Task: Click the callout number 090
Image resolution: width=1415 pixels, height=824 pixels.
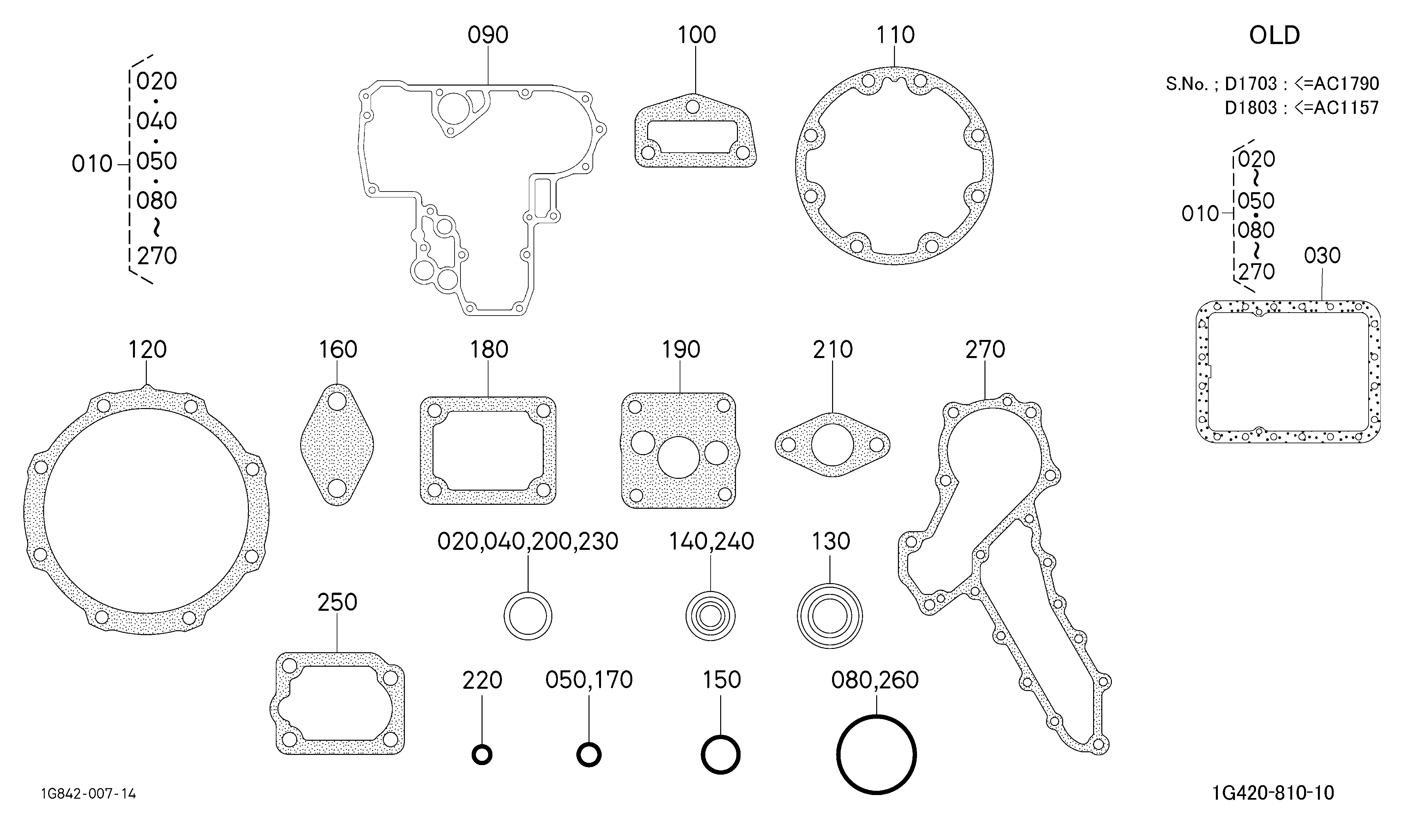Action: (x=488, y=35)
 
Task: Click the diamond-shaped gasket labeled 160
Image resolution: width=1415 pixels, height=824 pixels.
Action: (x=337, y=445)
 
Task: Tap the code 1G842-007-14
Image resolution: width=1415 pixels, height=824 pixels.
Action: (x=88, y=794)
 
